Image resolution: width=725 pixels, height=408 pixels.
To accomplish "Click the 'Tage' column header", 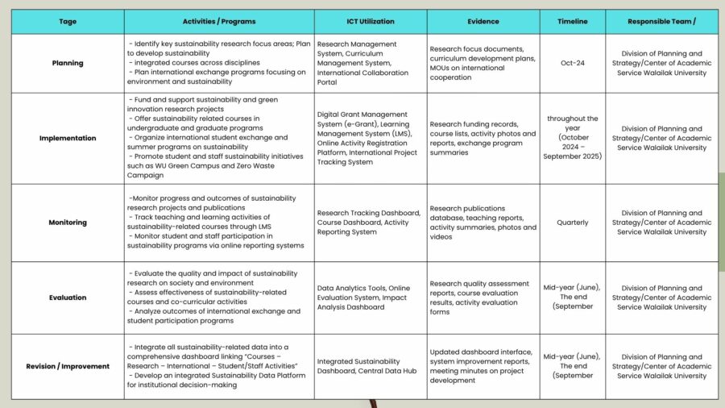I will pos(68,22).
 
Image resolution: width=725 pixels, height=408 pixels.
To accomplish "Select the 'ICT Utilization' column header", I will pos(371,22).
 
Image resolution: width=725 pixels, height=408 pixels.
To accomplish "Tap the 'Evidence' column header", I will pos(483,22).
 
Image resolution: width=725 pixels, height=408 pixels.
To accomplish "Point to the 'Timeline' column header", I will pos(572,22).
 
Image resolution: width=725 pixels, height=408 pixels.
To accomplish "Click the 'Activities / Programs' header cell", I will pos(219,22).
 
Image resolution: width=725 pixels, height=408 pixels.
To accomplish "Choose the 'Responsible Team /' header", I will pos(661,22).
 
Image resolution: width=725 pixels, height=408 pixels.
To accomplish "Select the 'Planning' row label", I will pos(68,63).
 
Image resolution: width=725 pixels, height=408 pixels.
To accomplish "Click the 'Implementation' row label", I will pos(68,138).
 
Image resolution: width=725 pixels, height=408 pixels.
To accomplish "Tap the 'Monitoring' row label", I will pos(68,223).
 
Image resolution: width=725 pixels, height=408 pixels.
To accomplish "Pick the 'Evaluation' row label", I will pos(68,298).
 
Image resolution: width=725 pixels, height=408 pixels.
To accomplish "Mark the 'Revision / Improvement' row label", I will pos(68,366).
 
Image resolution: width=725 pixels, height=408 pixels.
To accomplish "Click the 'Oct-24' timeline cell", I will pos(572,63).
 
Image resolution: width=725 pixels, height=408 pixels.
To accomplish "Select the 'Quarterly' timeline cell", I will pos(572,223).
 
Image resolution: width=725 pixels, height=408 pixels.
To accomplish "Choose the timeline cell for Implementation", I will pos(572,138).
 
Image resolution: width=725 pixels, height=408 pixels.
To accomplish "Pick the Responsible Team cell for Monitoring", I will pos(661,223).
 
